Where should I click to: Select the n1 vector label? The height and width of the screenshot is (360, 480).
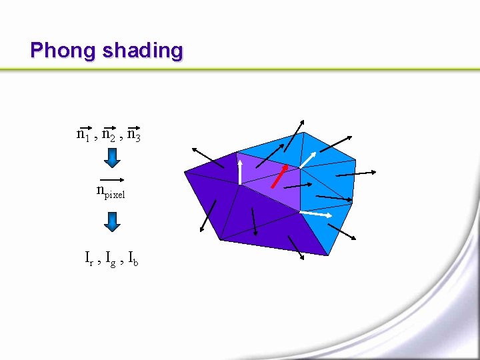coord(84,135)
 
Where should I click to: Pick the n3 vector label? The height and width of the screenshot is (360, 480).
coord(133,135)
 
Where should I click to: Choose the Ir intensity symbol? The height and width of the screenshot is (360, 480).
coord(89,257)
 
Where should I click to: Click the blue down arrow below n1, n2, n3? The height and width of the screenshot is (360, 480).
coord(113,158)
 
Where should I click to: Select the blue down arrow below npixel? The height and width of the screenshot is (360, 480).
coord(113,221)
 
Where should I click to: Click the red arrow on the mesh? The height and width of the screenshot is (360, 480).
coord(279,176)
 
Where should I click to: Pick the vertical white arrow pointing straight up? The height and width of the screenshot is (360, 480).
coord(239,171)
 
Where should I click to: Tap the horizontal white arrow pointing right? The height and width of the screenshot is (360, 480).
coord(316,214)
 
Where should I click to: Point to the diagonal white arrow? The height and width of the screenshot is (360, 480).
coord(307,160)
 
